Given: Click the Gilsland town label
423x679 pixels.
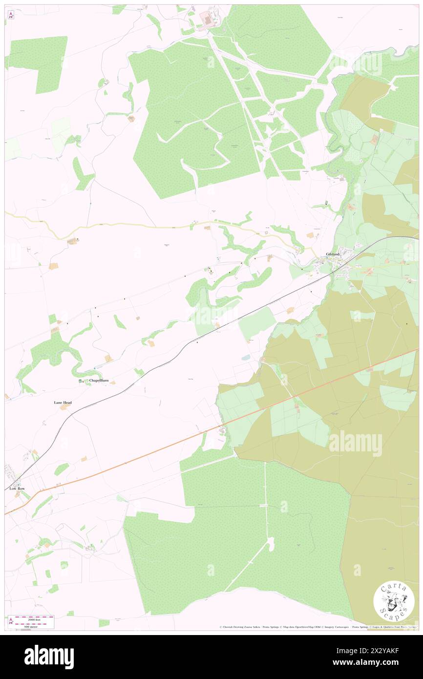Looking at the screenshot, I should (x=333, y=254).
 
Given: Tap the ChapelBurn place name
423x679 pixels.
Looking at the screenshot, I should (x=98, y=381).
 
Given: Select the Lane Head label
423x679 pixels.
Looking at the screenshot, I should (x=63, y=403).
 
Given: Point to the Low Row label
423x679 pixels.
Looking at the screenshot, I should (x=17, y=488).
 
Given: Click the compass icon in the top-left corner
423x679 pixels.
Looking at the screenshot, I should (x=11, y=15).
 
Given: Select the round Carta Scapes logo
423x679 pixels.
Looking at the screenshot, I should (x=394, y=601).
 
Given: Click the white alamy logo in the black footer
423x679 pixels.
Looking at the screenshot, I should (x=49, y=657).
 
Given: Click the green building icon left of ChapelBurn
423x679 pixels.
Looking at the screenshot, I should (x=81, y=381).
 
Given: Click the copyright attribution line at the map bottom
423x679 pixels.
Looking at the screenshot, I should (x=317, y=627).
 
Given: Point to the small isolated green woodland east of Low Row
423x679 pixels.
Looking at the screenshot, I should (x=61, y=469).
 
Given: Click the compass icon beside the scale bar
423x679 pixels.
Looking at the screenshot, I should (x=11, y=621).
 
